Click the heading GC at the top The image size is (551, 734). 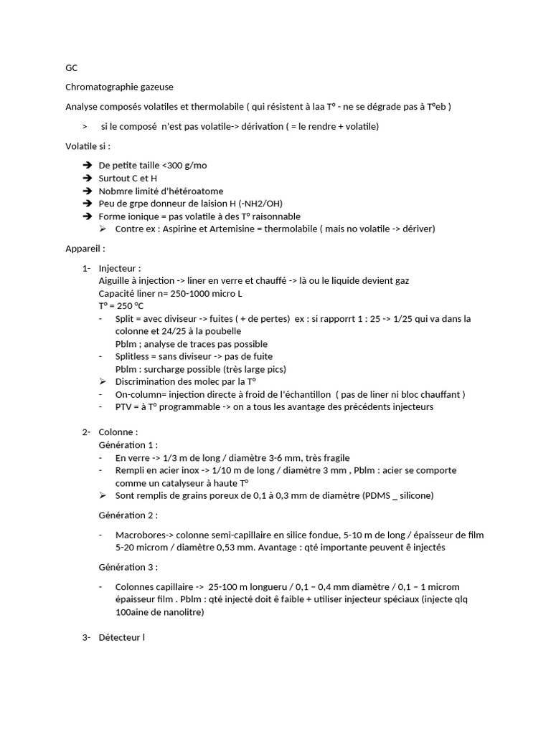(x=71, y=68)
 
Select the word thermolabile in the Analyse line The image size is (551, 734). (x=217, y=107)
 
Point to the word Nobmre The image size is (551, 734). (x=116, y=191)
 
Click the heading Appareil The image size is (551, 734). (x=85, y=249)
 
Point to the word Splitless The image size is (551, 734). (x=134, y=356)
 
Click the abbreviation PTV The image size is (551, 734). (x=124, y=407)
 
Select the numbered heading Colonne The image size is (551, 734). (x=118, y=432)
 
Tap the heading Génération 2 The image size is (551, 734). (x=128, y=515)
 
